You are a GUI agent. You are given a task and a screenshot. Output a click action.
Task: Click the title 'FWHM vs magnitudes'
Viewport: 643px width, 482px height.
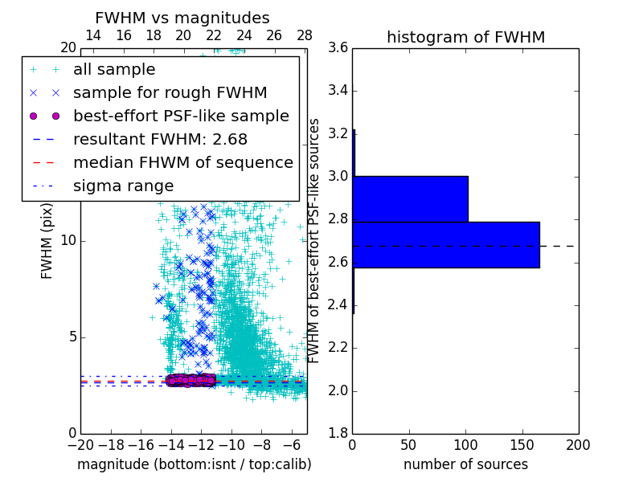pyautogui.click(x=182, y=18)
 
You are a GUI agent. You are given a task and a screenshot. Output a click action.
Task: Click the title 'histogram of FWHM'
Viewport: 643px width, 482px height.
pyautogui.click(x=465, y=37)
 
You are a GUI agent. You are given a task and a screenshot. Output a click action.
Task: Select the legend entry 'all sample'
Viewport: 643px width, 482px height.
pyautogui.click(x=114, y=70)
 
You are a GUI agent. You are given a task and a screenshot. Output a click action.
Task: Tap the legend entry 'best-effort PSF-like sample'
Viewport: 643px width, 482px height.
pyautogui.click(x=181, y=116)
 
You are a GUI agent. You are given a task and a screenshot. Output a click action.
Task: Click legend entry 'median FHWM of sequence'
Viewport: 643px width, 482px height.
pyautogui.click(x=182, y=162)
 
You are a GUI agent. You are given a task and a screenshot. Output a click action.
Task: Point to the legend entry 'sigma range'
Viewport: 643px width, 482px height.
pyautogui.click(x=123, y=186)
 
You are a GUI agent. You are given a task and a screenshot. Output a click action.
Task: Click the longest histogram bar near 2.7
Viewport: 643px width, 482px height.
pyautogui.click(x=446, y=245)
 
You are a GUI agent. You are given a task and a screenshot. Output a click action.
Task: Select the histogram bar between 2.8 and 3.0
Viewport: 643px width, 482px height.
pyautogui.click(x=410, y=198)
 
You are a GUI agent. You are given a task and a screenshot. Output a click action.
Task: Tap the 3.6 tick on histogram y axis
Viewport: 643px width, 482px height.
pyautogui.click(x=338, y=47)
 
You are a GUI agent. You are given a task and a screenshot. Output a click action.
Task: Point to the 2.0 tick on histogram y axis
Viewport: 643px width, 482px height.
pyautogui.click(x=338, y=390)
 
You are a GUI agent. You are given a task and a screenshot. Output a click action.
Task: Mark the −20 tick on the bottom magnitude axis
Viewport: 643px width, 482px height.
pyautogui.click(x=80, y=444)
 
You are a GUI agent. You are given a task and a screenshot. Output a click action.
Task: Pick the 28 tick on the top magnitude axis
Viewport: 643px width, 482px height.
pyautogui.click(x=305, y=35)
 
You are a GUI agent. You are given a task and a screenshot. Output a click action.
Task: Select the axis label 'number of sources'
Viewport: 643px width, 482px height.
pyautogui.click(x=465, y=464)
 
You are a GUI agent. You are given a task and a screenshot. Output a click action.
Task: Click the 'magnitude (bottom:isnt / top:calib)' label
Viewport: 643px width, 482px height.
pyautogui.click(x=194, y=464)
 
